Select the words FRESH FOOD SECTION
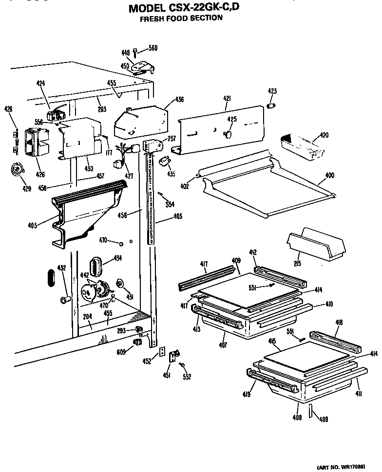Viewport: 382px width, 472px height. tap(181, 19)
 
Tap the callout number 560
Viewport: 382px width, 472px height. tap(153, 48)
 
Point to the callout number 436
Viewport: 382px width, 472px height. tap(179, 100)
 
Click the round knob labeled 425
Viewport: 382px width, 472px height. tap(227, 132)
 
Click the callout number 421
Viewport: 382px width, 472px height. tap(227, 99)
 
